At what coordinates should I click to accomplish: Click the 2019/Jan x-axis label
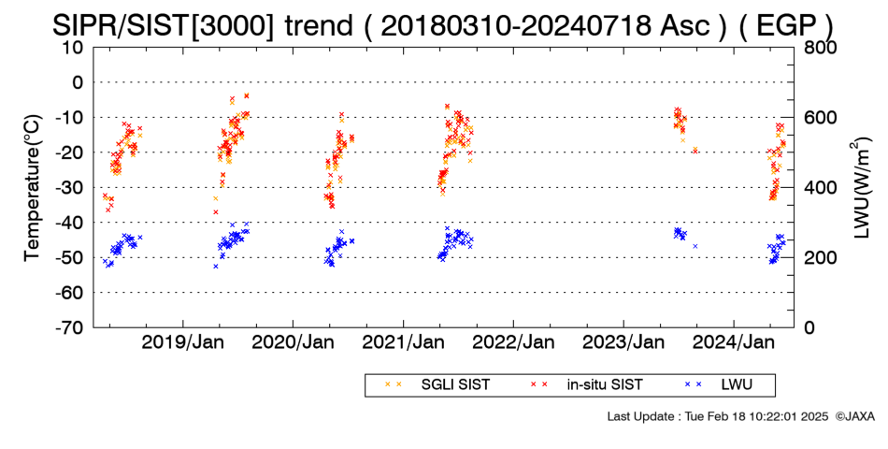[183, 342]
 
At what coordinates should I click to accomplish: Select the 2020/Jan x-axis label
[293, 342]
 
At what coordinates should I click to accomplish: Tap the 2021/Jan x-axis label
[403, 342]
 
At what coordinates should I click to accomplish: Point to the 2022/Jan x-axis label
[513, 342]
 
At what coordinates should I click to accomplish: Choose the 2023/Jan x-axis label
[623, 342]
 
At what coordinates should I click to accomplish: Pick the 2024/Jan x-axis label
[734, 342]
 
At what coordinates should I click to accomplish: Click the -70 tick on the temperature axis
[69, 327]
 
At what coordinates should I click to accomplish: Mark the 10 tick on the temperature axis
[73, 48]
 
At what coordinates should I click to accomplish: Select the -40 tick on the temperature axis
[69, 223]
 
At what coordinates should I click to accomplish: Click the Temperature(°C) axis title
[33, 188]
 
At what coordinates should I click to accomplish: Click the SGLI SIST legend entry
[437, 384]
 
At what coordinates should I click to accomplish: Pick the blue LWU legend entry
[719, 384]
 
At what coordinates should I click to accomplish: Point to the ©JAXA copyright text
[854, 416]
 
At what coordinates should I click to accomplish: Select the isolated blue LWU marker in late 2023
[695, 246]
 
